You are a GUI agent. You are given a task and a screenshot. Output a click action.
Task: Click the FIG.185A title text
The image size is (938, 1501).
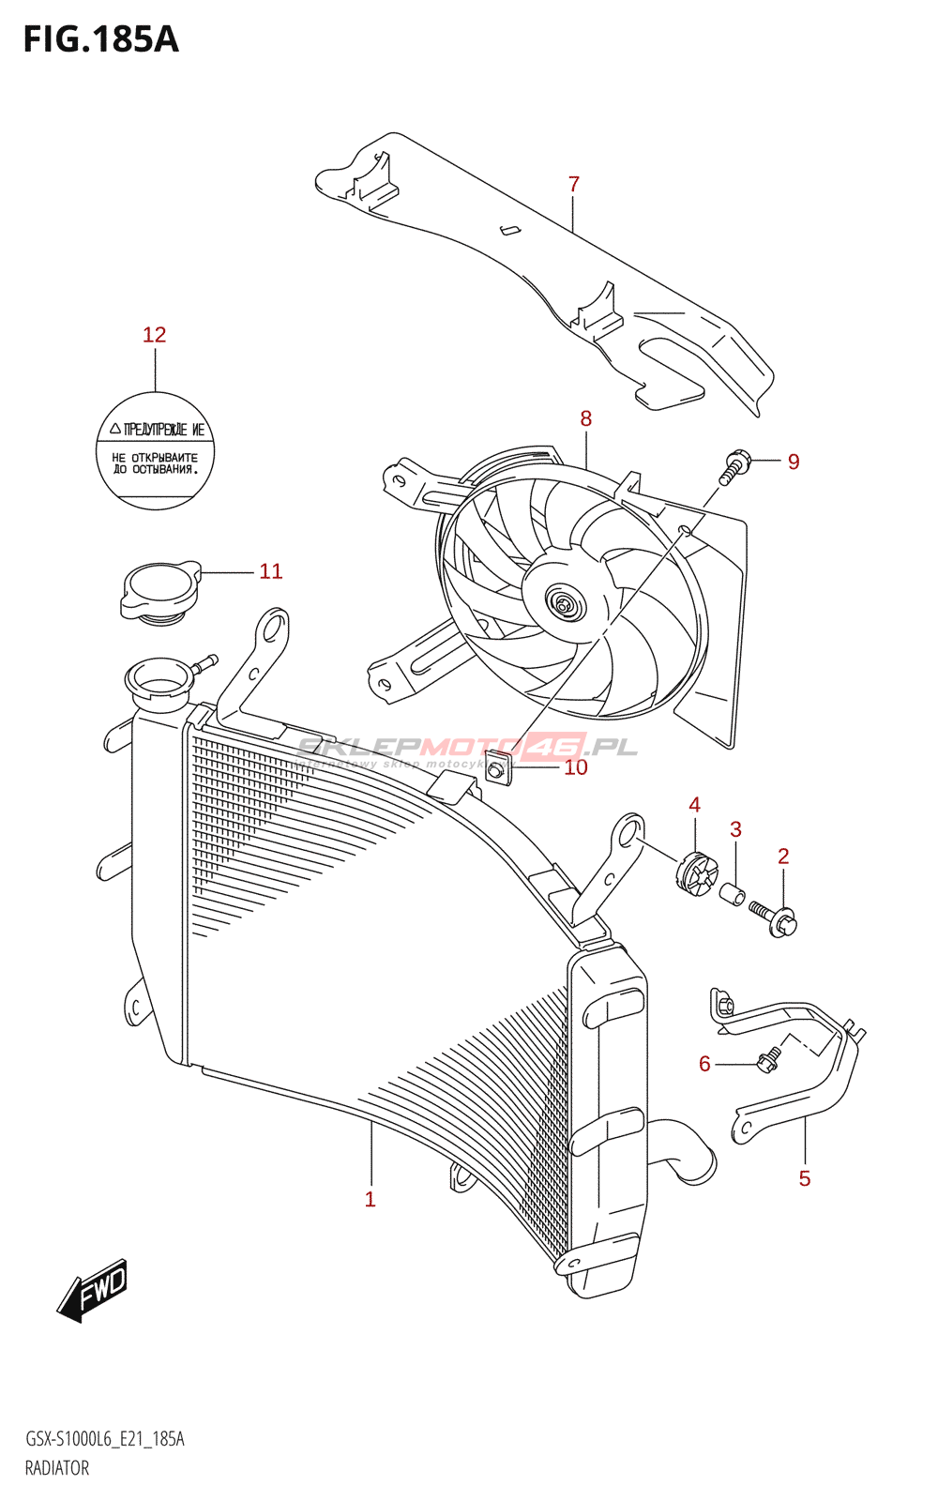[x=100, y=39]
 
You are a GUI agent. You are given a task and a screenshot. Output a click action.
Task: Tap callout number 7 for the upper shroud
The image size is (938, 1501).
[x=574, y=185]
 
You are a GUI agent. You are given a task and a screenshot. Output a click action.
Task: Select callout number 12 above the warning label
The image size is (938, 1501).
[x=154, y=335]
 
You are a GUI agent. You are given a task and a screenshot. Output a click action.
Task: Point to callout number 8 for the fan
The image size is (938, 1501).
[x=586, y=418]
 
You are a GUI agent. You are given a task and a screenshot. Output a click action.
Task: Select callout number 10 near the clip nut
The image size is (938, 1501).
[x=575, y=767]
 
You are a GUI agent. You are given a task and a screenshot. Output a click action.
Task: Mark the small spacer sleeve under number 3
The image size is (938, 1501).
[x=733, y=892]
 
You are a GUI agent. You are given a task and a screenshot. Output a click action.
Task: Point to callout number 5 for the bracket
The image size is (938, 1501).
[x=804, y=1178]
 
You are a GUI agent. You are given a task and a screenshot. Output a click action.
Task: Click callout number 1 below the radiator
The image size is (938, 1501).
[x=371, y=1199]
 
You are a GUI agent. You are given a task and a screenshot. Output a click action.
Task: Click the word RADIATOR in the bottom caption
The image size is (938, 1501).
[x=57, y=1468]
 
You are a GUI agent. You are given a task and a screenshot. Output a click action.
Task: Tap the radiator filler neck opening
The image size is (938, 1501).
[x=157, y=675]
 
